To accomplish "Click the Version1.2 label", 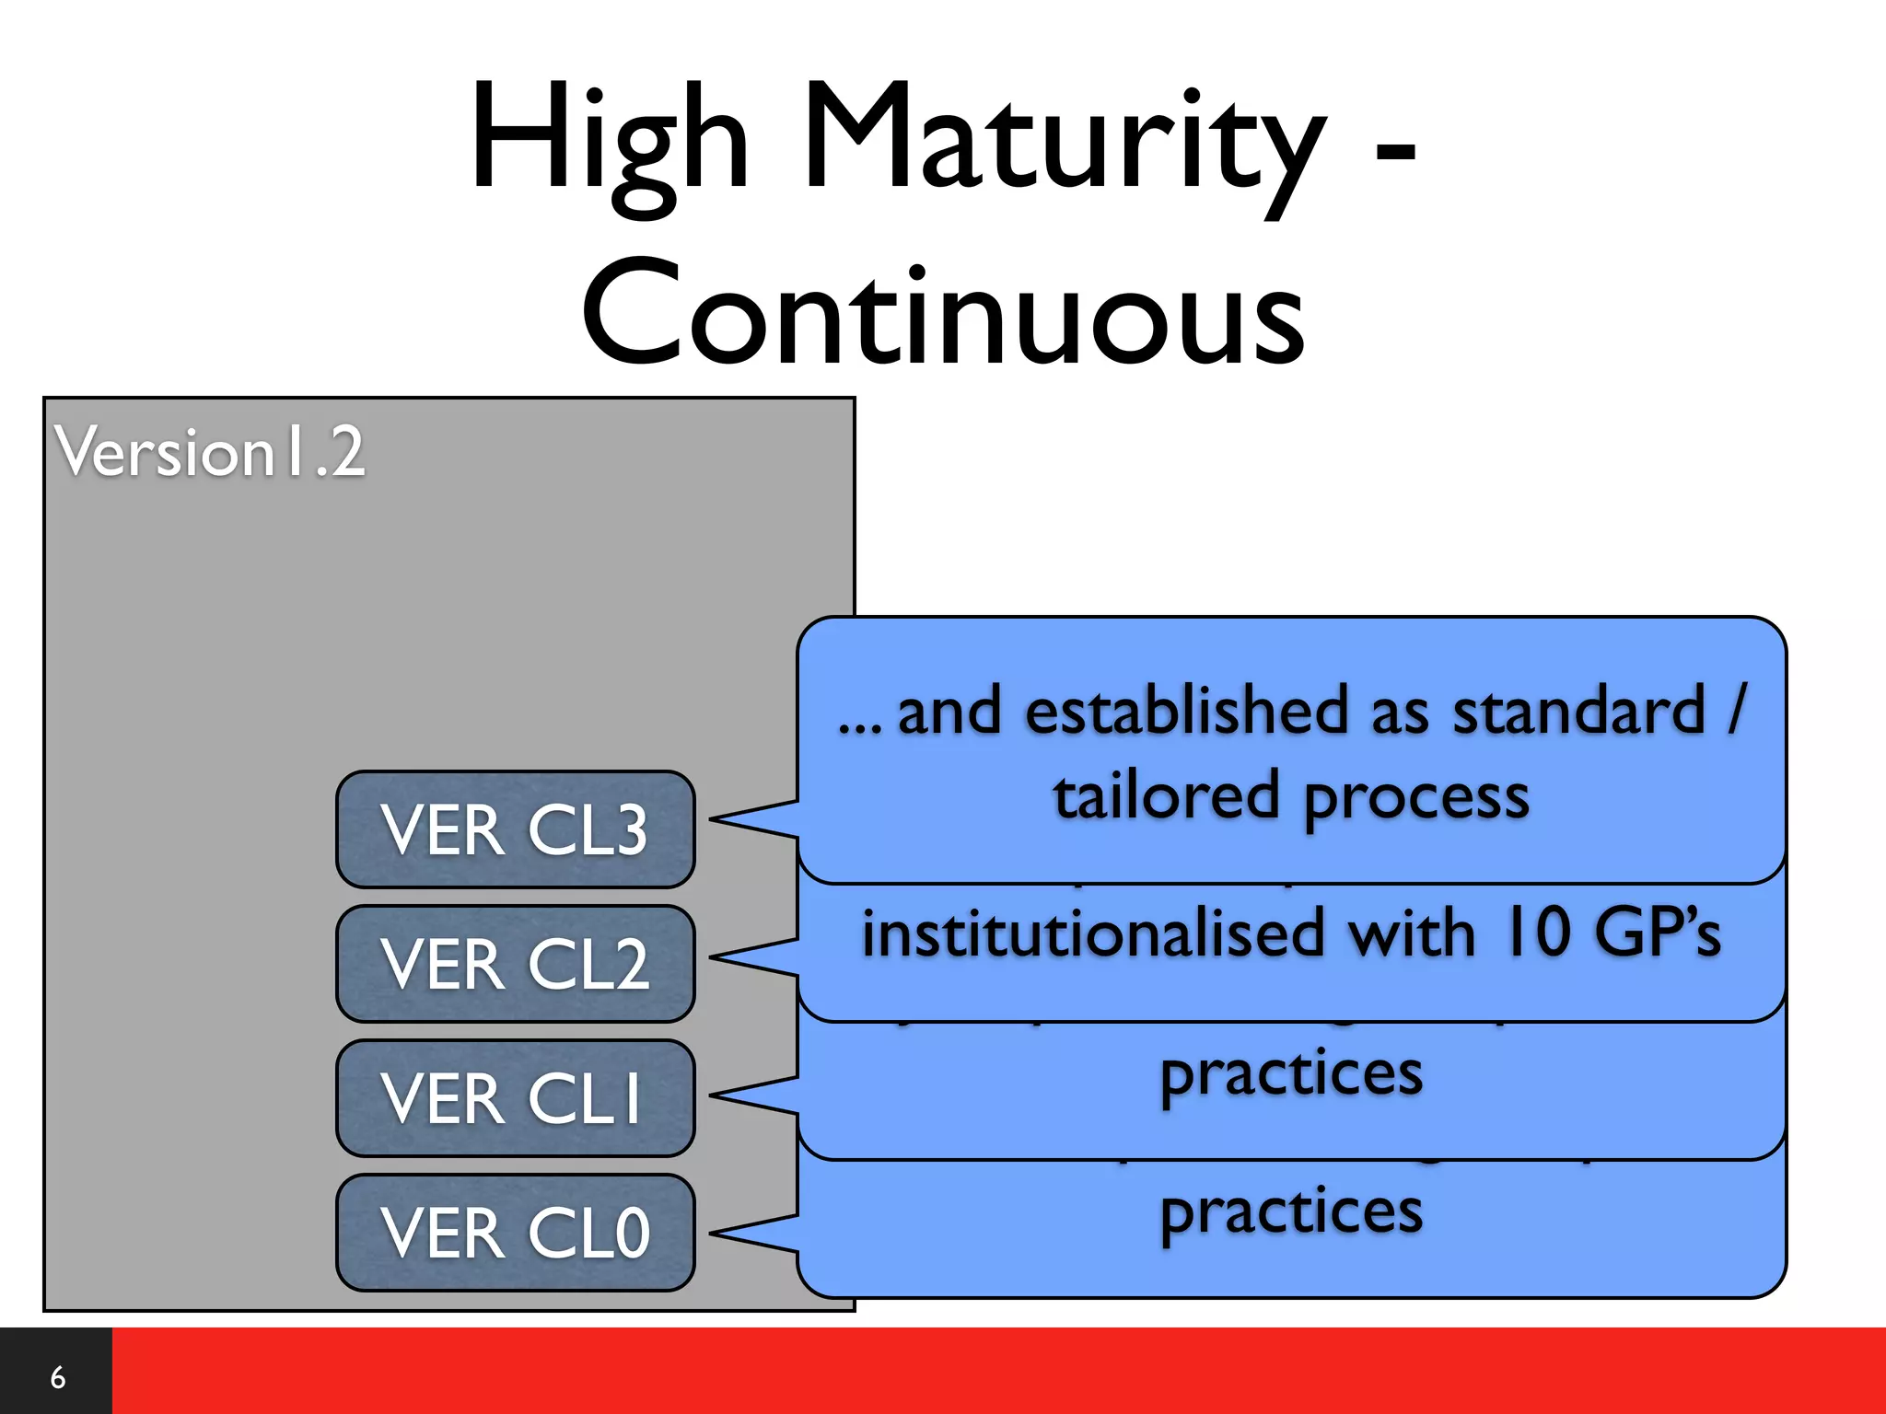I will tap(210, 452).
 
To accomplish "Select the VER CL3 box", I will tap(515, 829).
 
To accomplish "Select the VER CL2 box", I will tap(515, 964).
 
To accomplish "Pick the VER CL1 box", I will tap(515, 1098).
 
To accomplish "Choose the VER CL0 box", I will tap(515, 1233).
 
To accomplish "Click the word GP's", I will tap(1658, 933).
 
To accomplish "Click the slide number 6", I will tap(57, 1377).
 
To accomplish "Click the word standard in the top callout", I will tap(1578, 712).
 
